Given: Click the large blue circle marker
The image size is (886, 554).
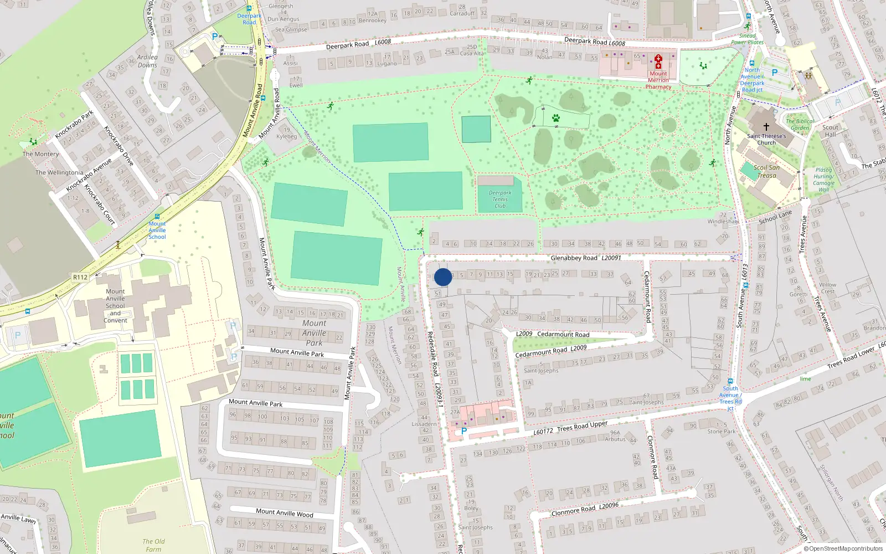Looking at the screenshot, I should click(x=443, y=277).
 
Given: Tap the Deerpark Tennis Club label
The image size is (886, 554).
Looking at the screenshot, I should click(x=500, y=199).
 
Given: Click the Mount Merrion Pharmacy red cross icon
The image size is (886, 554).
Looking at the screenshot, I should click(x=658, y=61).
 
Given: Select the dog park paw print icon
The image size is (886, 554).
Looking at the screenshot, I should click(x=555, y=118).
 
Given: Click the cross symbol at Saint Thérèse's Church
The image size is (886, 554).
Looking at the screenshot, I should click(x=766, y=127).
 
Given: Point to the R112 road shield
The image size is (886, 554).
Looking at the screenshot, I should click(x=80, y=277).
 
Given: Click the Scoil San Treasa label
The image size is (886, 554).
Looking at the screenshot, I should click(x=767, y=171).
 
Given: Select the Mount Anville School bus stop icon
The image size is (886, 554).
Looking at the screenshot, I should click(x=157, y=217).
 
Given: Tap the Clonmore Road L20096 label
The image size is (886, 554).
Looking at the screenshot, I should click(x=585, y=509).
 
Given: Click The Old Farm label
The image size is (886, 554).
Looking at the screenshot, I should click(x=153, y=545).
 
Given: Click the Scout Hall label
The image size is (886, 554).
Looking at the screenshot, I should click(x=830, y=131).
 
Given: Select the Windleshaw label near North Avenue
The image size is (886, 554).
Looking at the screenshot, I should click(x=723, y=221).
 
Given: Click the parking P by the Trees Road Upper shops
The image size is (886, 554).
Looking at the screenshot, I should click(x=464, y=431).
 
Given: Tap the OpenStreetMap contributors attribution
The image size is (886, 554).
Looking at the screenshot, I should click(x=843, y=548).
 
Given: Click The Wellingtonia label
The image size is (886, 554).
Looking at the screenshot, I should click(x=59, y=172).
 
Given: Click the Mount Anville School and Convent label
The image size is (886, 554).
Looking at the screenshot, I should click(x=115, y=306).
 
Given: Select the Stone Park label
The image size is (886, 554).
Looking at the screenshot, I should click(x=722, y=432).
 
